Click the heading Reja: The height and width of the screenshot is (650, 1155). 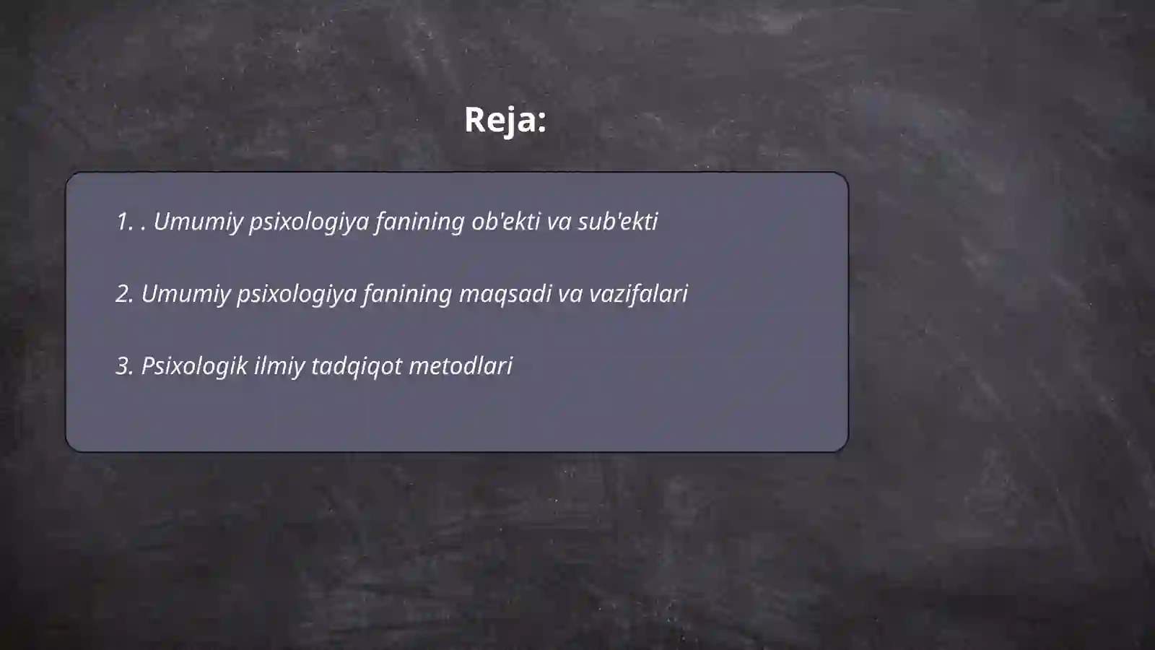coord(505,120)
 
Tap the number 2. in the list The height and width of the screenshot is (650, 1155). coord(124,294)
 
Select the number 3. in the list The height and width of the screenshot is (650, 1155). coord(124,366)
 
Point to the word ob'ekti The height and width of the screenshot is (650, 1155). coord(505,222)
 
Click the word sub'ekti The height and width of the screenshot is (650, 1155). coord(617,222)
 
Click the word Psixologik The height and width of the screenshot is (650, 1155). coord(194,366)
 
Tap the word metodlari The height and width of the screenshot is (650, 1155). coord(461,366)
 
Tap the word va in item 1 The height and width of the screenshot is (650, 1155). coord(559,222)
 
